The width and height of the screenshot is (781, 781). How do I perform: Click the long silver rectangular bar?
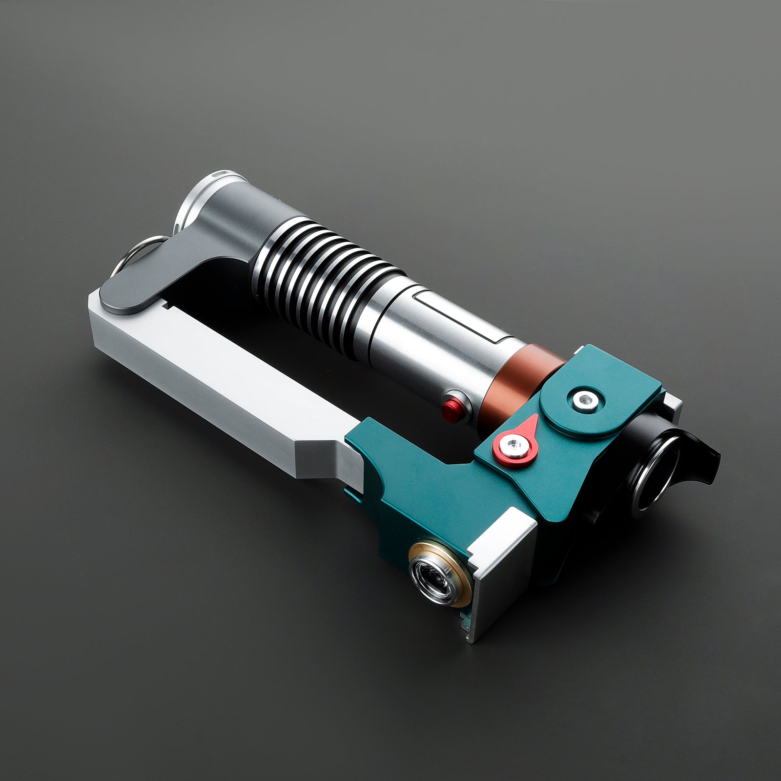point(220,381)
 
